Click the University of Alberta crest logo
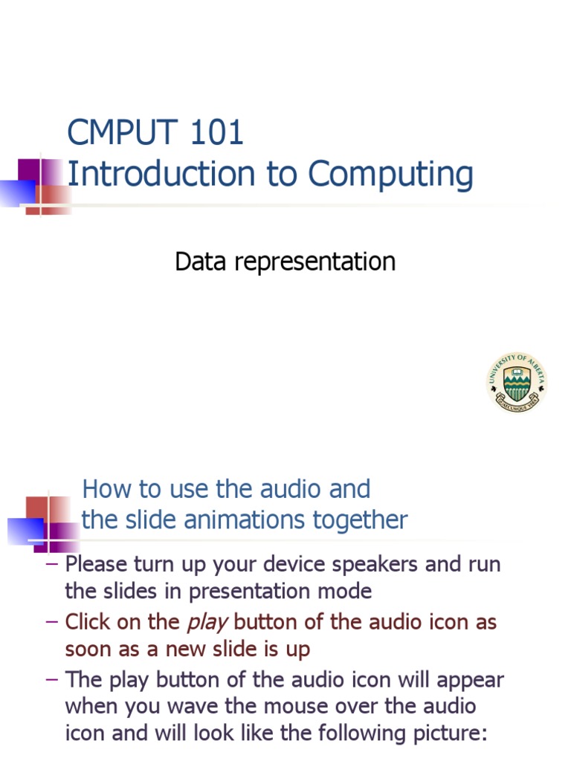pyautogui.click(x=517, y=383)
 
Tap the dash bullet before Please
pyautogui.click(x=52, y=564)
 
